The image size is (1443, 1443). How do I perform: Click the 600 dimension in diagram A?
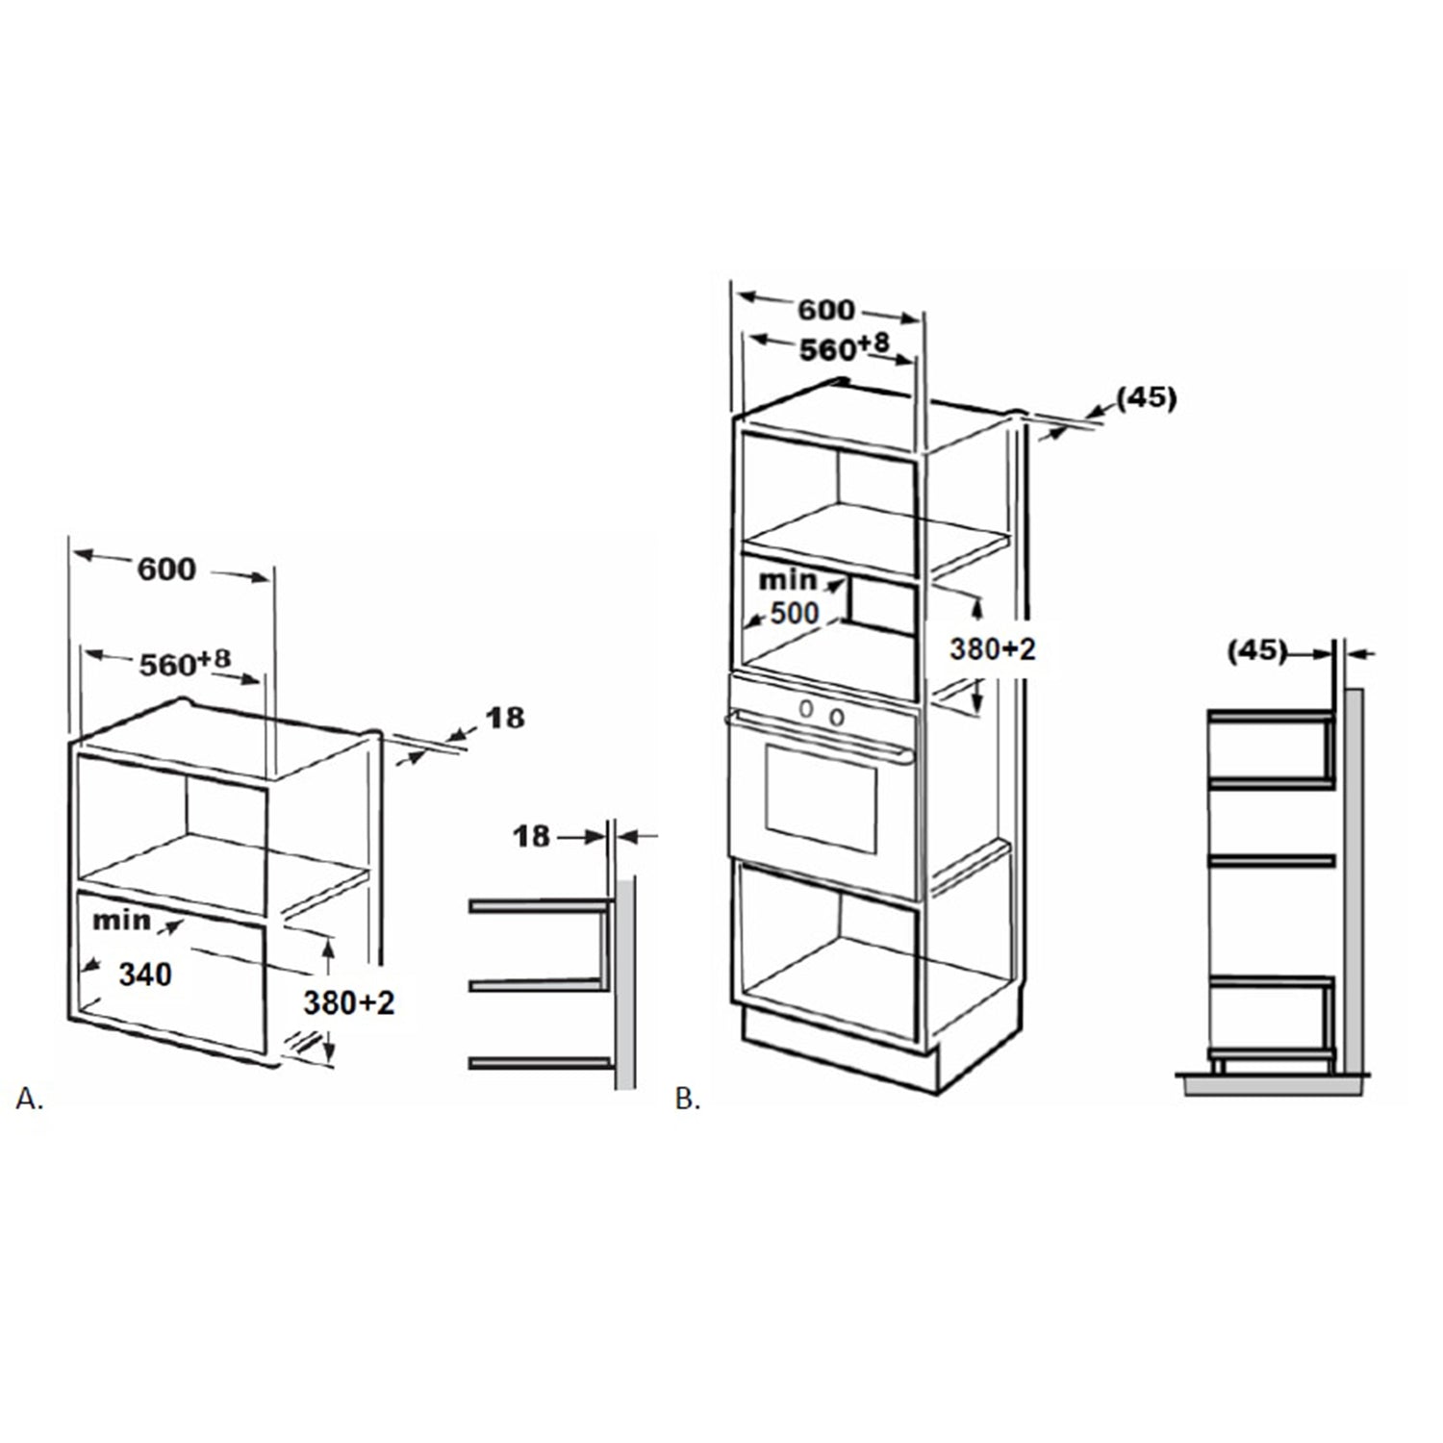[x=166, y=570]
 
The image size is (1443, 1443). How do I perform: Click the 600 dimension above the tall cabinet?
[x=826, y=310]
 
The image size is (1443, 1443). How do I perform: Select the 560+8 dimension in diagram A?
[x=186, y=663]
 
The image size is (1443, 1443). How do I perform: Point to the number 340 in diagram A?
[x=145, y=975]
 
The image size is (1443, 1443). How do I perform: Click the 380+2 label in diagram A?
[x=349, y=1003]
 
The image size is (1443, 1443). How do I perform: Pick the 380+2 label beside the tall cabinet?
[x=993, y=649]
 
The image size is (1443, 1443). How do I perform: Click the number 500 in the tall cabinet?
[x=795, y=613]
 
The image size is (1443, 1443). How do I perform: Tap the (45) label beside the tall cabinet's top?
[x=1147, y=397]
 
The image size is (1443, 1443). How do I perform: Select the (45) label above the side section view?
[x=1257, y=651]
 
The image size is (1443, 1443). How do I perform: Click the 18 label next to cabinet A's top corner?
[x=505, y=718]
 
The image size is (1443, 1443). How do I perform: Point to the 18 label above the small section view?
[x=532, y=836]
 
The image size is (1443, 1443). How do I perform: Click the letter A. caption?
[x=30, y=1099]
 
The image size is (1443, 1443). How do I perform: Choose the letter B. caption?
[x=688, y=1099]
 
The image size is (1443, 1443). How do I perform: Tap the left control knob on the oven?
[x=807, y=710]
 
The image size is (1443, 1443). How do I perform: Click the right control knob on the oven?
[x=837, y=717]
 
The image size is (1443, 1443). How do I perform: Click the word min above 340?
[x=121, y=921]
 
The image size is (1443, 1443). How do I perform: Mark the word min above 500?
[x=787, y=580]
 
